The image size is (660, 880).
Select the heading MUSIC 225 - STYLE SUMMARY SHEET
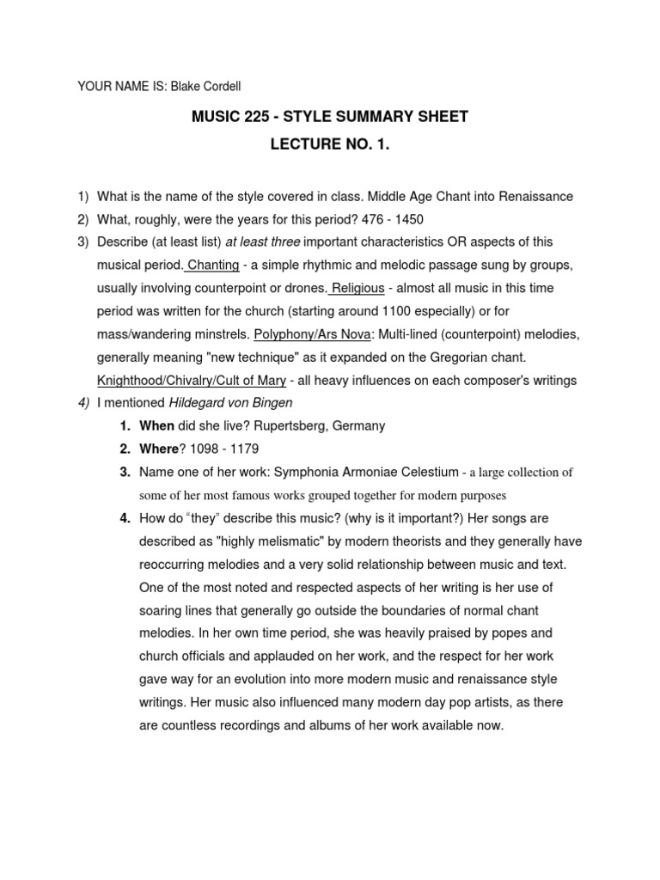[x=329, y=117]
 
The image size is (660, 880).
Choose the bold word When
[x=157, y=426]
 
